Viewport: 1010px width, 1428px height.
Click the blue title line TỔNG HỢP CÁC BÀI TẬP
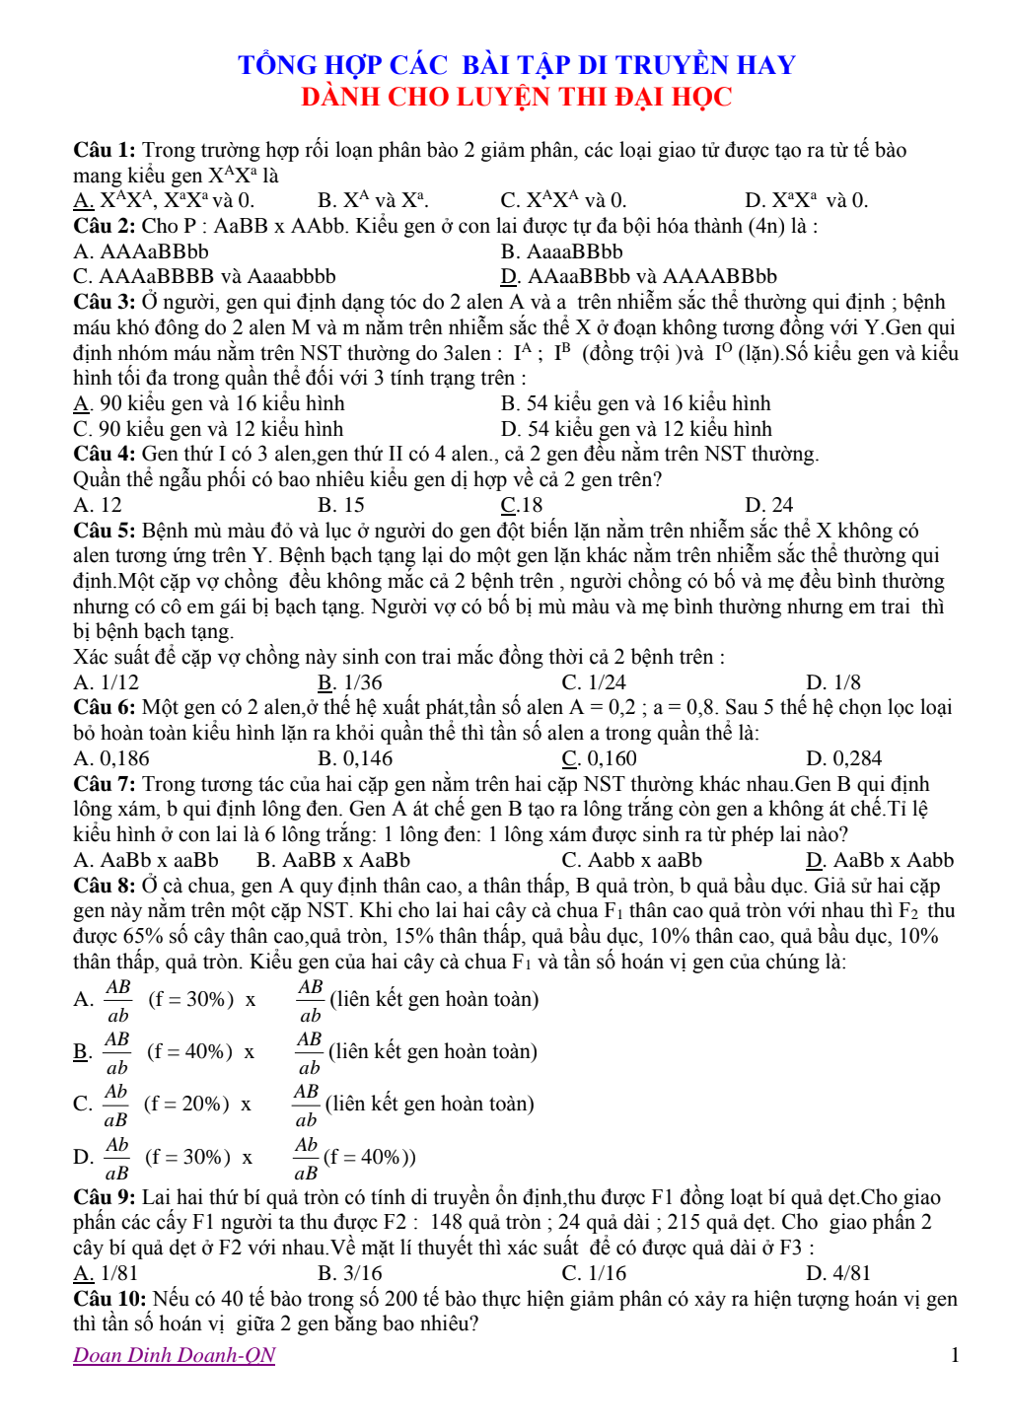point(516,65)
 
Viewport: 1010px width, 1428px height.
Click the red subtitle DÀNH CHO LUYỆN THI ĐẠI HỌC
point(516,97)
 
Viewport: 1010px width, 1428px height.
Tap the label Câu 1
point(104,150)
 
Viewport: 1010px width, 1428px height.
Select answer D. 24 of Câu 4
point(769,505)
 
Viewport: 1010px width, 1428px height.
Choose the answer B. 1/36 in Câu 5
point(350,682)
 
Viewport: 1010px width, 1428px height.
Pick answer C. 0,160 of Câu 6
point(600,758)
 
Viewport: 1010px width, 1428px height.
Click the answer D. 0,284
point(843,758)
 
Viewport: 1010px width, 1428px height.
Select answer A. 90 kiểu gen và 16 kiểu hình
point(209,403)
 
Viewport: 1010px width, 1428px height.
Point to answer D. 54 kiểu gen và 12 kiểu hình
point(636,429)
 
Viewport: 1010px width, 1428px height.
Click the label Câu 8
point(104,886)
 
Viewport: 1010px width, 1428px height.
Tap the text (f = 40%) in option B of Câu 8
point(189,1051)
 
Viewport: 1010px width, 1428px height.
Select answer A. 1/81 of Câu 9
point(106,1273)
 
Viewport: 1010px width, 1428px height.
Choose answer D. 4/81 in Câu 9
point(838,1273)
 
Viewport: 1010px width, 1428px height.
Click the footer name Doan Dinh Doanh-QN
point(175,1355)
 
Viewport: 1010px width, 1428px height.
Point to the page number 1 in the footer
point(955,1355)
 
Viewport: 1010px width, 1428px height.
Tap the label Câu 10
point(109,1299)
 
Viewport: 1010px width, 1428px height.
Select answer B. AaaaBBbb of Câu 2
point(562,251)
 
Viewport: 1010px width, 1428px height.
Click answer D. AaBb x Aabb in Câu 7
point(880,860)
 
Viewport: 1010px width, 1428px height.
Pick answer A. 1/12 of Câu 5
point(107,682)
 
